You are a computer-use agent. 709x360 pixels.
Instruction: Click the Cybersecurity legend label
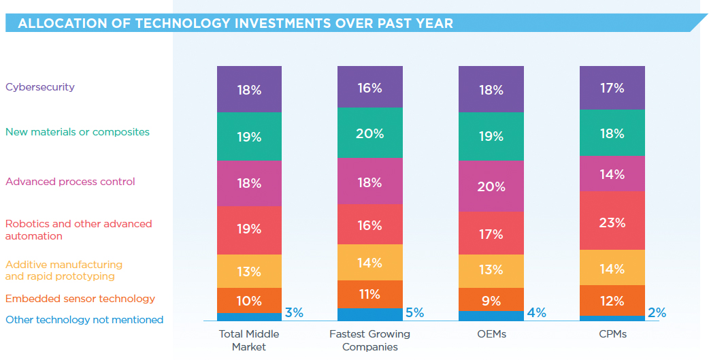pos(40,87)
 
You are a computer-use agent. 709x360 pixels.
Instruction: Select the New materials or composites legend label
pos(78,132)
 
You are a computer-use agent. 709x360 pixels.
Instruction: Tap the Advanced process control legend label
pos(70,182)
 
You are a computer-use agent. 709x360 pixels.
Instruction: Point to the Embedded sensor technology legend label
pos(80,299)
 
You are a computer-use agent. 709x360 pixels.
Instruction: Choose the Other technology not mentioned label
pos(84,320)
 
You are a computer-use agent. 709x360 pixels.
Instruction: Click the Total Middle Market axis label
pos(249,340)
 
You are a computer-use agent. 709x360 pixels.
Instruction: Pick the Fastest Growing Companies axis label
pos(369,340)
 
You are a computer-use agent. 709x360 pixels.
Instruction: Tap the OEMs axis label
pos(491,334)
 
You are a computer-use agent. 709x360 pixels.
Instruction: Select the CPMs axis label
pos(612,334)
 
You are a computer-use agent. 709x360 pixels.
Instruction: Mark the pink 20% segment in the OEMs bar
pos(491,186)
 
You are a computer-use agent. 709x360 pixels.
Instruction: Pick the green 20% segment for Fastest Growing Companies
pos(369,133)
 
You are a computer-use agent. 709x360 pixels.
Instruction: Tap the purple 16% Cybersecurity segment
pos(369,87)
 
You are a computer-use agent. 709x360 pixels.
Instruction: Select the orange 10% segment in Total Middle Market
pos(249,301)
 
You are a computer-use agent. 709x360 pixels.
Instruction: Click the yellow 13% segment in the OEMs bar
pos(491,270)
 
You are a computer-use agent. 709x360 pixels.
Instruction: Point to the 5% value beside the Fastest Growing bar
pos(414,313)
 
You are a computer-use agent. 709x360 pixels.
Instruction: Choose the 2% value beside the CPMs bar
pos(657,313)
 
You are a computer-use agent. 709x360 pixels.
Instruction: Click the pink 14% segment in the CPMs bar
pos(612,174)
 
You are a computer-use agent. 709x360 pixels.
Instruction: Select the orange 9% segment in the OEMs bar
pos(491,299)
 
